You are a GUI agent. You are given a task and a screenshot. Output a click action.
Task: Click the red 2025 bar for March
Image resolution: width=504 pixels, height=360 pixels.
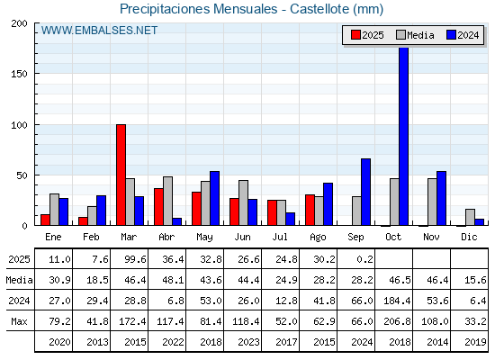tap(121, 175)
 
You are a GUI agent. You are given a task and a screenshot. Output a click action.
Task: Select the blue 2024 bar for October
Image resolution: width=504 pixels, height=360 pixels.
tap(404, 136)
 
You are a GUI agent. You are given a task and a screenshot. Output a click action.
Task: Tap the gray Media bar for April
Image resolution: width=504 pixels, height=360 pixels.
tap(167, 201)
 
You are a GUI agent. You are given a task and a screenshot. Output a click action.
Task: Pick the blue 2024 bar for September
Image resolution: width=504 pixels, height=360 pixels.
tap(365, 192)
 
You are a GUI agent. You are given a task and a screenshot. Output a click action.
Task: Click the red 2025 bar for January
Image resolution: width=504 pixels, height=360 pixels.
tap(45, 220)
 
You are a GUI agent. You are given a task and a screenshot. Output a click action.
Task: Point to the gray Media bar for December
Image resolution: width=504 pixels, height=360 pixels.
tap(470, 217)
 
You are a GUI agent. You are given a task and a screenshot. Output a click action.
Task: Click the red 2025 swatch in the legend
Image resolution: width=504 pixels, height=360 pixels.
tap(355, 35)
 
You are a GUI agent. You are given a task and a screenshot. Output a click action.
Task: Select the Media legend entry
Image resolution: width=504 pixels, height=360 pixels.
tap(415, 35)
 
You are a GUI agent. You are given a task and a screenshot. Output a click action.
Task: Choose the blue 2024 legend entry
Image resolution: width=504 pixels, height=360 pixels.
tap(463, 35)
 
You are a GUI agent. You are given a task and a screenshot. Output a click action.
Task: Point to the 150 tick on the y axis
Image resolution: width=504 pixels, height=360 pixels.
tap(19, 74)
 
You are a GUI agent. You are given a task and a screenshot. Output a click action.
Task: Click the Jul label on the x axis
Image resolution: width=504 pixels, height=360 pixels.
tap(280, 237)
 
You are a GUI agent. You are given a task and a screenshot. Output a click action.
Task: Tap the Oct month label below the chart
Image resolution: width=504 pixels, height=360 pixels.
tap(393, 237)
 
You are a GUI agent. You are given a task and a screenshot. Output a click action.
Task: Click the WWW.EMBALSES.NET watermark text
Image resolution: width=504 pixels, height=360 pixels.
tap(99, 31)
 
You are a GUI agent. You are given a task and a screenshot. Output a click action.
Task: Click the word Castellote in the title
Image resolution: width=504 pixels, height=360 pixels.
tap(319, 9)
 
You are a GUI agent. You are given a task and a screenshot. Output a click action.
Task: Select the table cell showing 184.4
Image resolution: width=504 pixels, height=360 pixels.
tap(397, 301)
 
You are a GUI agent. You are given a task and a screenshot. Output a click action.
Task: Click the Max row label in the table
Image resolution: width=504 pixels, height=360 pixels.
tap(19, 321)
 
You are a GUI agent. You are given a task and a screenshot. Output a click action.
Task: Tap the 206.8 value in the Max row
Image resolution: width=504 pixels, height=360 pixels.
tap(397, 321)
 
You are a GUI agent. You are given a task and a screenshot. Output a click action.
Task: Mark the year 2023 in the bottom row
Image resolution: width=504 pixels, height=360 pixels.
tap(248, 342)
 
